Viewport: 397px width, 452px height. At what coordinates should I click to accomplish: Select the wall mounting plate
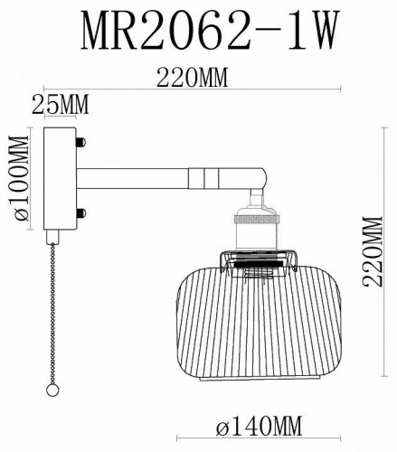(62, 178)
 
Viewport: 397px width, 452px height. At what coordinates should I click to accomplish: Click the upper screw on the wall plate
(81, 142)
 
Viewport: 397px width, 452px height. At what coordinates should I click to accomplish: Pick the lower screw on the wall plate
(81, 213)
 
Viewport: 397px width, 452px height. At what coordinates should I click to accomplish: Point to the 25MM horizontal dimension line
(62, 117)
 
